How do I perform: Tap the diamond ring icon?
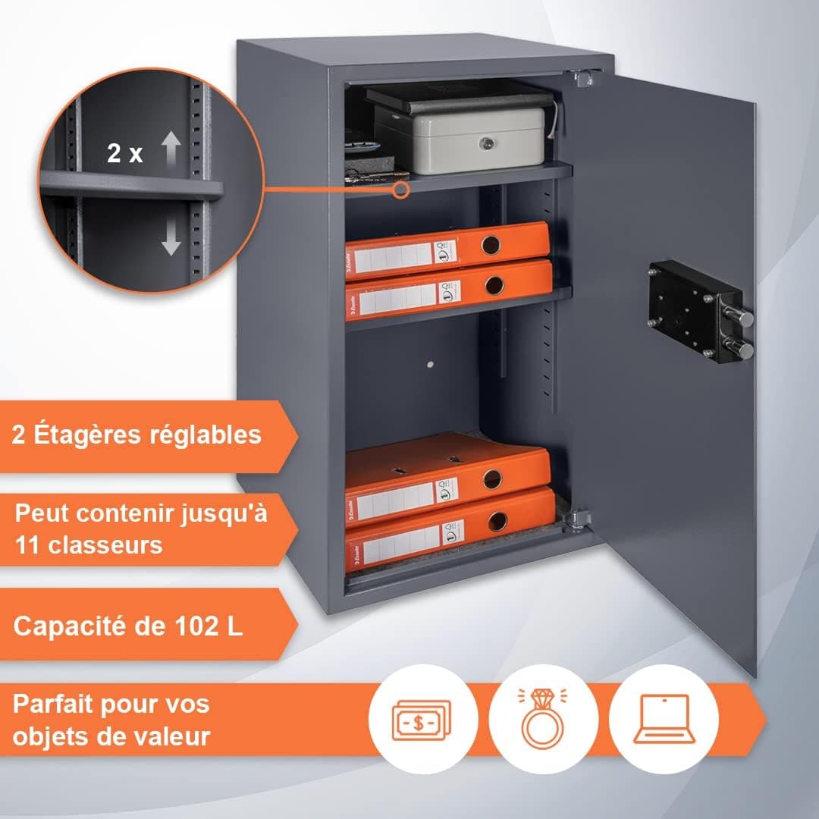pyautogui.click(x=543, y=718)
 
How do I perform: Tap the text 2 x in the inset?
pyautogui.click(x=125, y=154)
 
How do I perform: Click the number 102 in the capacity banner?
pyautogui.click(x=193, y=627)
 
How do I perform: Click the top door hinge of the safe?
pyautogui.click(x=583, y=77)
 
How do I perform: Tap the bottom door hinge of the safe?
pyautogui.click(x=579, y=519)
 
